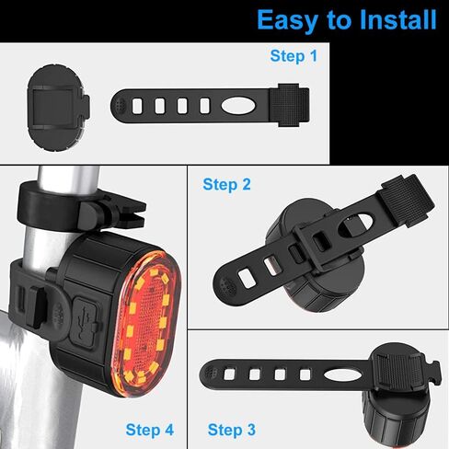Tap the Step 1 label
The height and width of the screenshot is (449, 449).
click(x=294, y=56)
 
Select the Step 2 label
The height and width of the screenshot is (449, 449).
click(x=226, y=184)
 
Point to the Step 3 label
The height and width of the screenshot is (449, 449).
click(x=232, y=429)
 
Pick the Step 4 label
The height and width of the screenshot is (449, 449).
click(x=149, y=429)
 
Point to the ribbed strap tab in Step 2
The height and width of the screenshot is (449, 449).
click(x=405, y=193)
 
